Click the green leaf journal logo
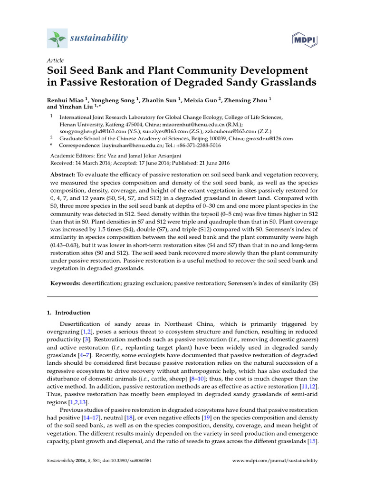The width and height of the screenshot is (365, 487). point(56,38)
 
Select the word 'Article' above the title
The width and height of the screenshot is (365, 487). point(55,61)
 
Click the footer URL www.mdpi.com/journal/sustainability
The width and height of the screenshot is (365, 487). point(275,461)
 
